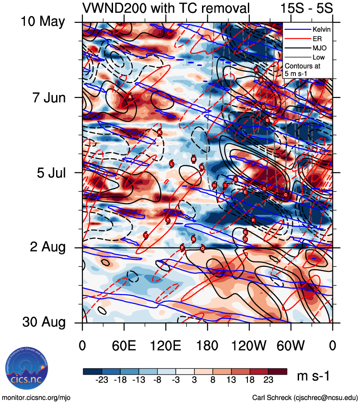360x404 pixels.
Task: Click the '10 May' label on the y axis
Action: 43,21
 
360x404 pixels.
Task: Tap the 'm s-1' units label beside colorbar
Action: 313,376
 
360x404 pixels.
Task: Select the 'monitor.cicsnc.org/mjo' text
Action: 36,397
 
